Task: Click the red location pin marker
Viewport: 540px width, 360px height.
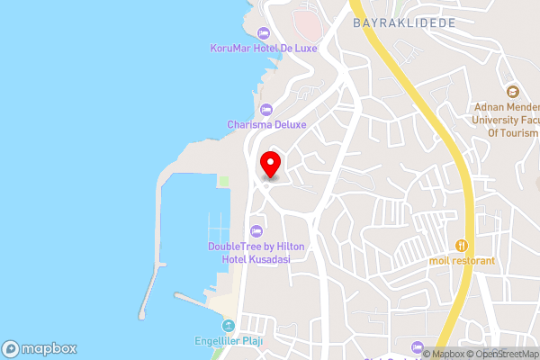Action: tap(270, 164)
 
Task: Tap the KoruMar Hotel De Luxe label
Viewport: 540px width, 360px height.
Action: tap(264, 48)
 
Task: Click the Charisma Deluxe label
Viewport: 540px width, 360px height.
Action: tap(266, 124)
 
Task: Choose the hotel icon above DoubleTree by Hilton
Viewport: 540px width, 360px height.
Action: tap(256, 230)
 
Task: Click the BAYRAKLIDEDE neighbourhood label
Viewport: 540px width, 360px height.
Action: tap(404, 22)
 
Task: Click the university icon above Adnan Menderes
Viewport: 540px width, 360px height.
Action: tap(512, 91)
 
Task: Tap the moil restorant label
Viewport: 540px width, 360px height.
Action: tap(463, 260)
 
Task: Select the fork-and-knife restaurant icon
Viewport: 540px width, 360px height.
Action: tap(463, 245)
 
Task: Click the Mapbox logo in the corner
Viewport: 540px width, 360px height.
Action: tap(39, 348)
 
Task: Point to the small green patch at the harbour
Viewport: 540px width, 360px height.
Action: tap(223, 182)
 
